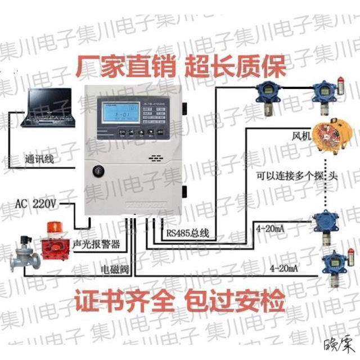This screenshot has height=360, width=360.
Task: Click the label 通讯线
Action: tap(39, 160)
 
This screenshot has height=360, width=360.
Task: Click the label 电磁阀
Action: tap(116, 270)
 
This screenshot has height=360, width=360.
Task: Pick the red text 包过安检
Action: tap(236, 303)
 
